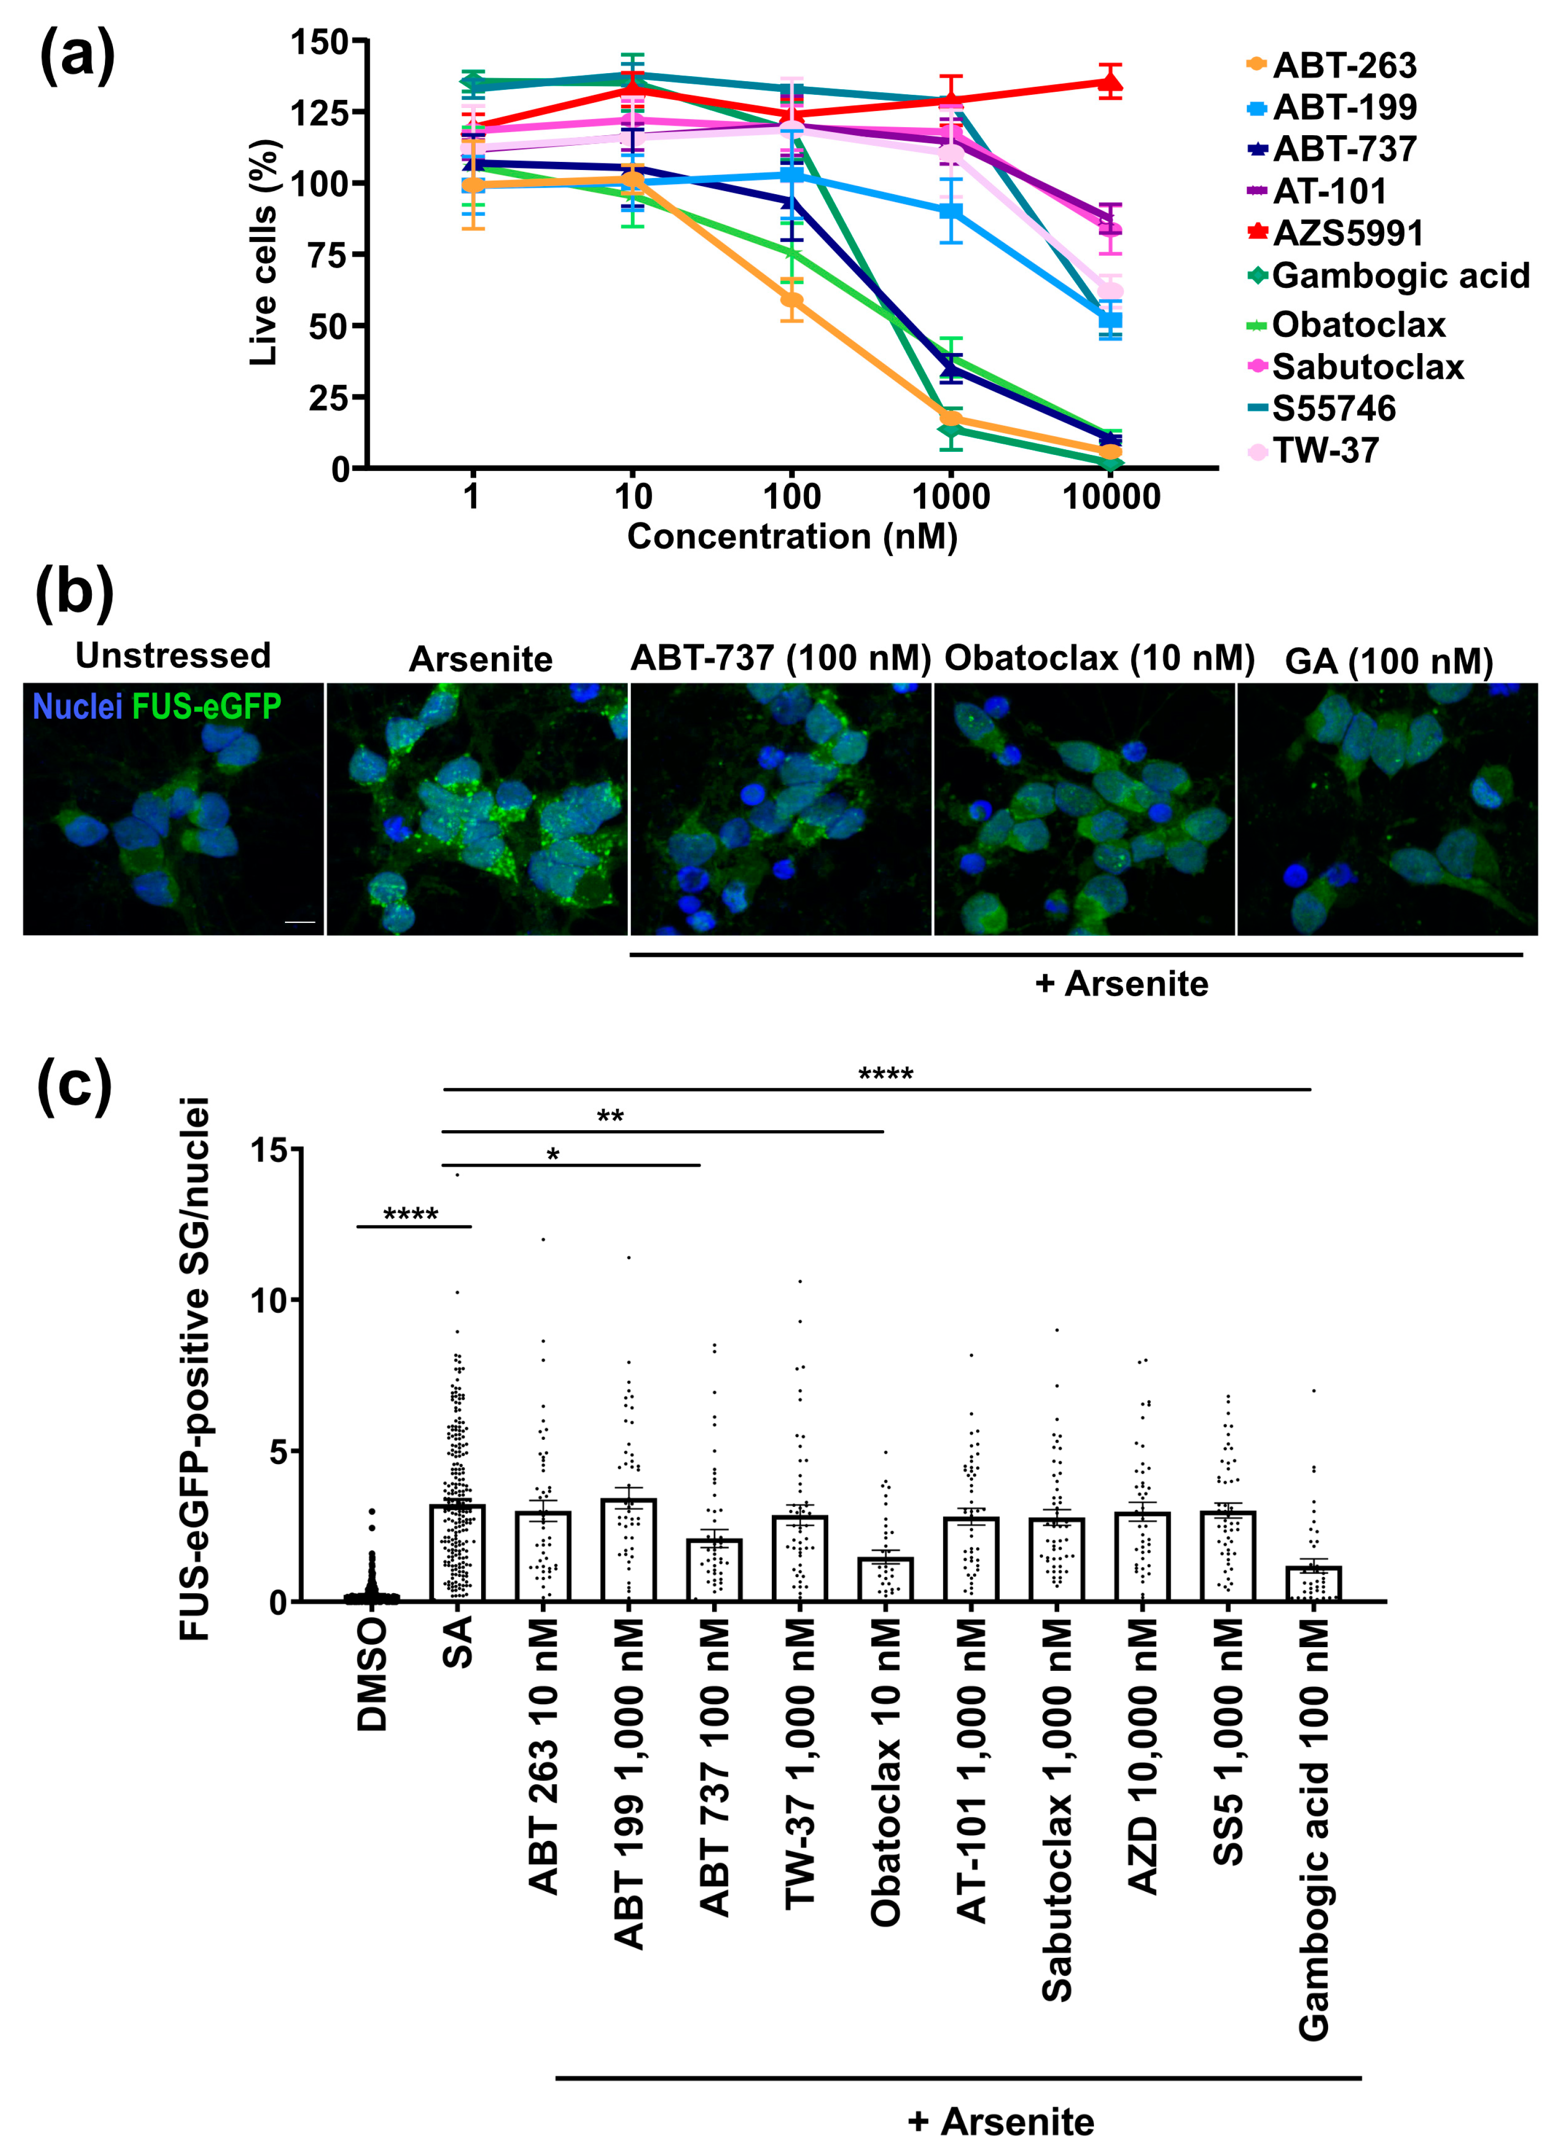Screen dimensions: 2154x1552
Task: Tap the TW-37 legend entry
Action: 1325,450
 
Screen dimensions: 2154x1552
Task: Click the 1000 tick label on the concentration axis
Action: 951,496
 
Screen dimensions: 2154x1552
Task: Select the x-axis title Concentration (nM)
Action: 792,537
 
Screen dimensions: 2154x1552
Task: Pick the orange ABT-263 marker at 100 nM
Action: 791,300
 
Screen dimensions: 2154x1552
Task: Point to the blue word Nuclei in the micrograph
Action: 77,707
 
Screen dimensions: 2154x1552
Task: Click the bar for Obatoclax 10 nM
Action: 885,1581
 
